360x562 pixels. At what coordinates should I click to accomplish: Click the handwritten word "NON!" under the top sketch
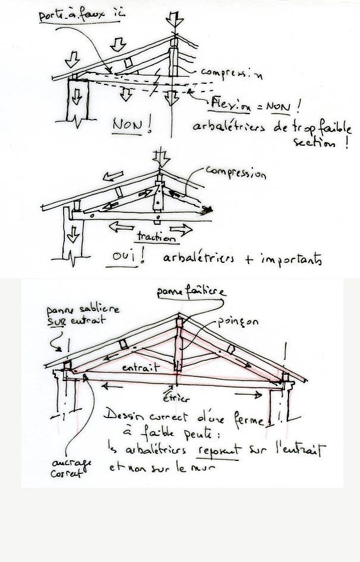tap(128, 125)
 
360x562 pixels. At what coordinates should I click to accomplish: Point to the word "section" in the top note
tap(316, 143)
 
